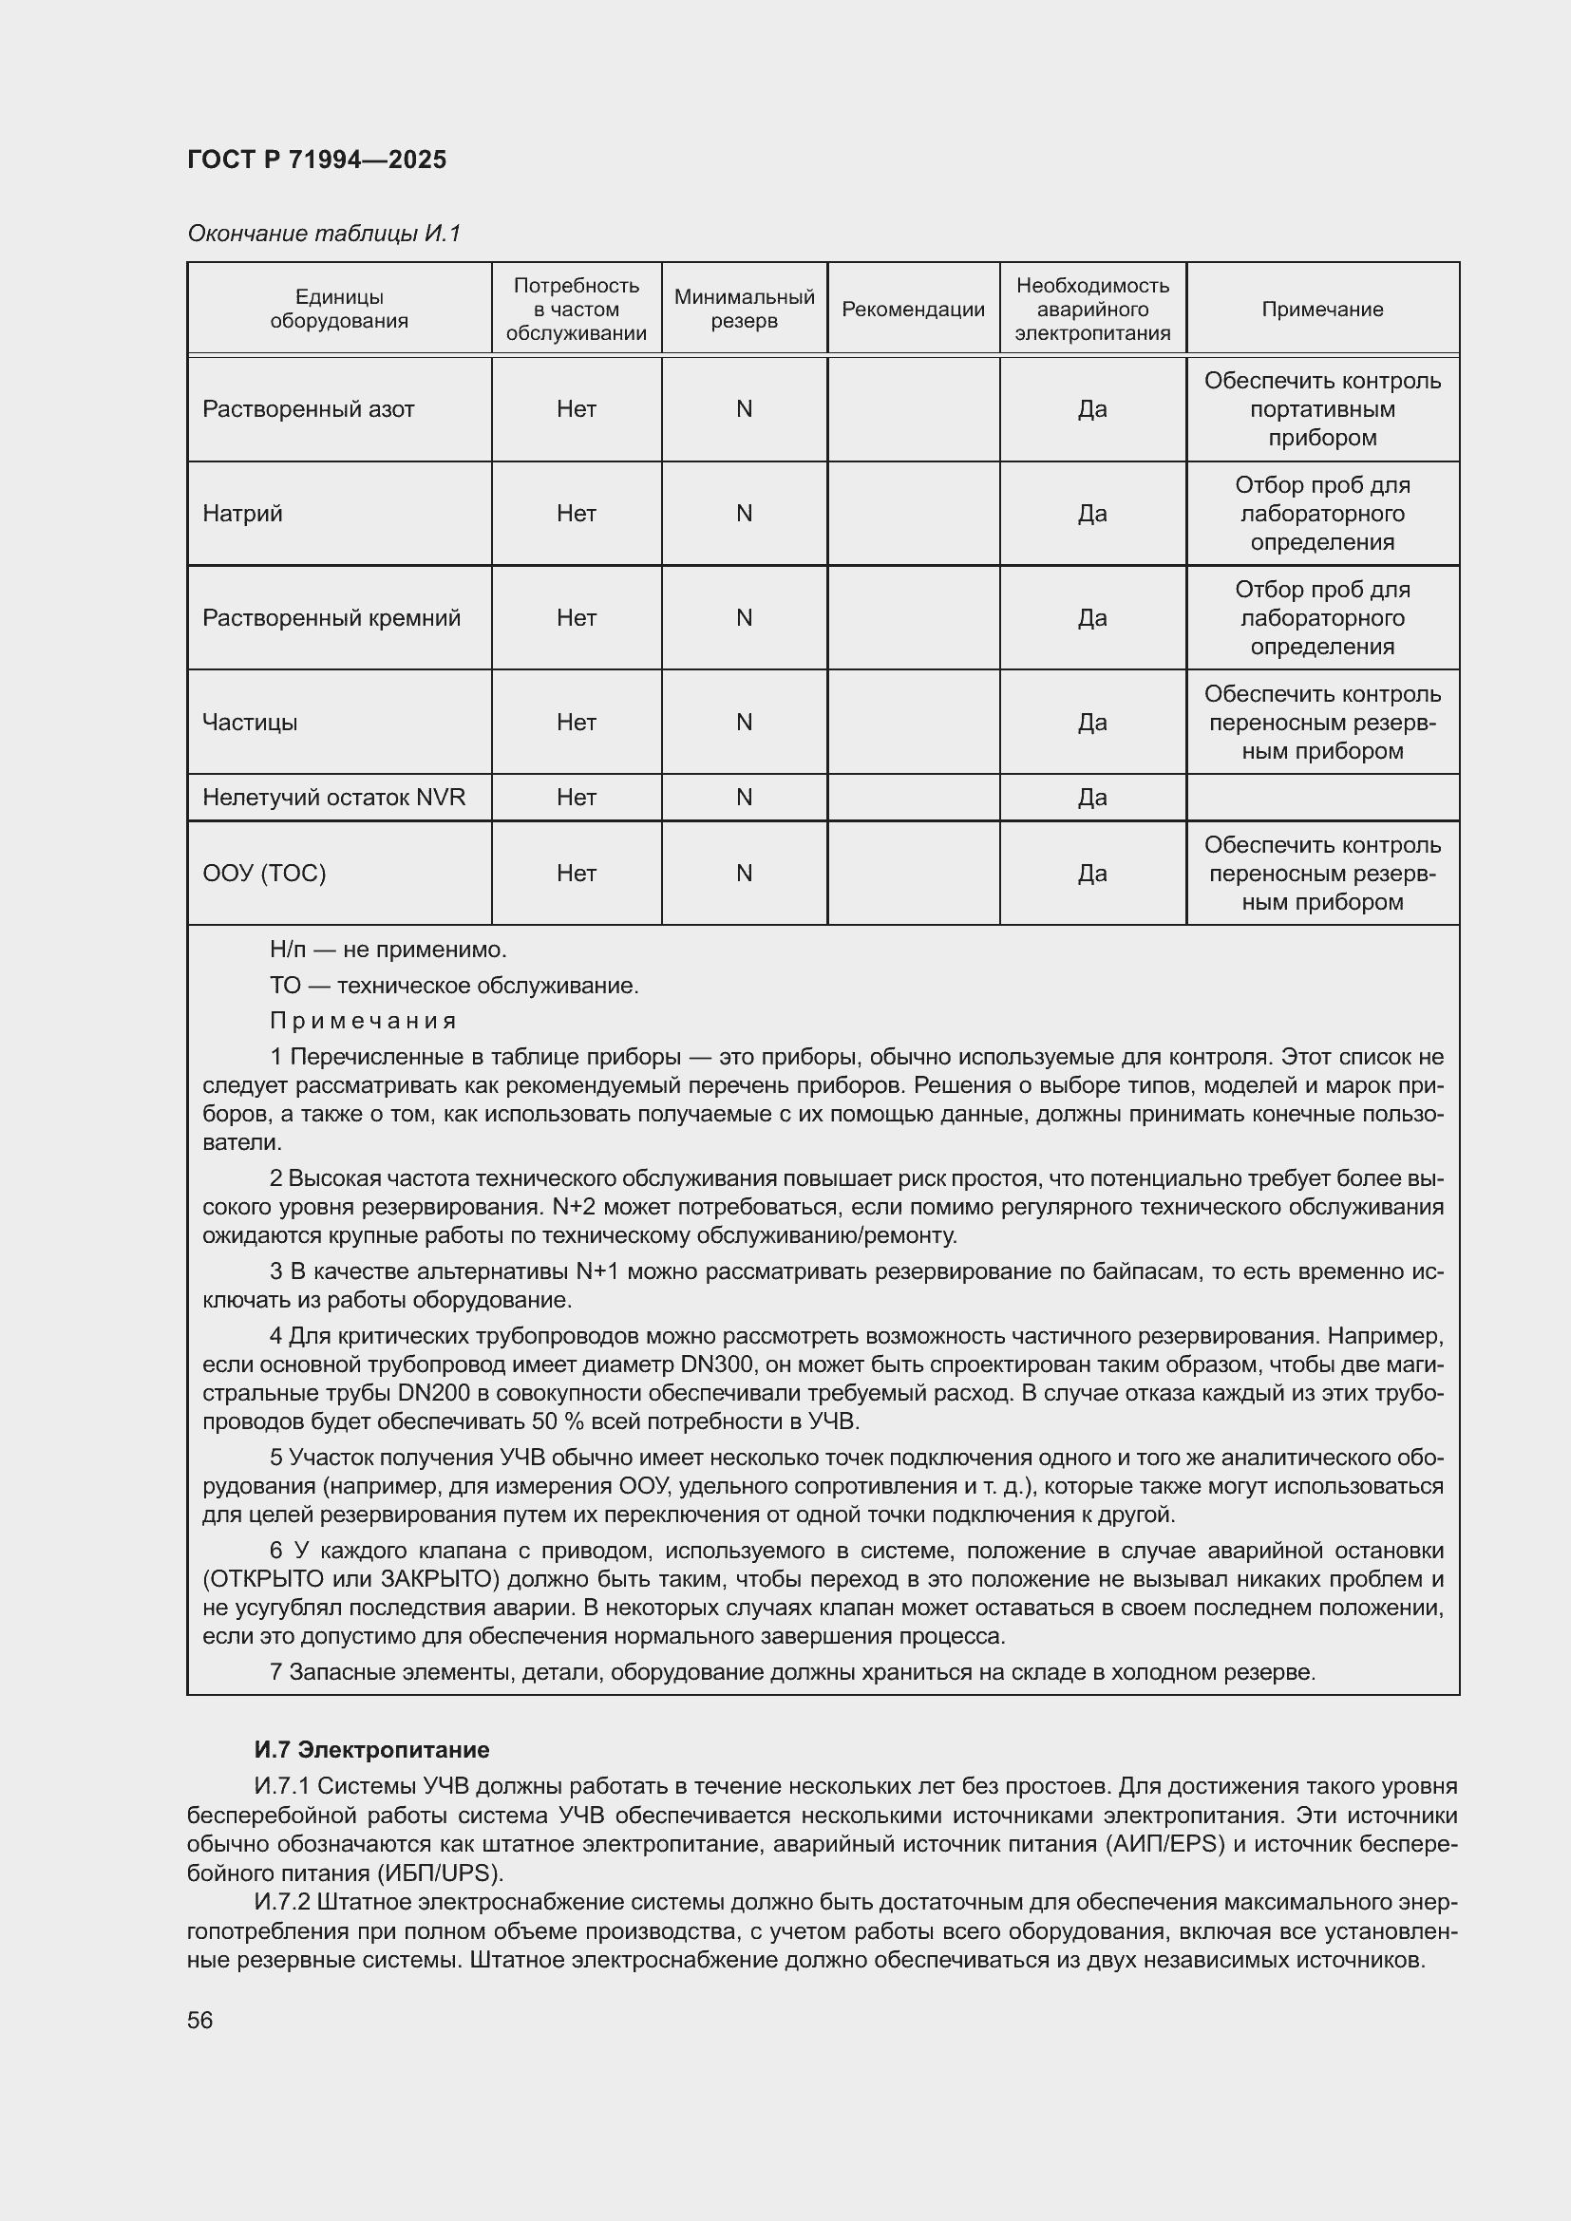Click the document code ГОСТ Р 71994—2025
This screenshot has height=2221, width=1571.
pos(316,160)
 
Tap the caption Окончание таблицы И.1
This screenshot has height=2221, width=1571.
pos(324,234)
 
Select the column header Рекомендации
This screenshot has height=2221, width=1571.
pos(912,310)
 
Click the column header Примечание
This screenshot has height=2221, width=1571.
pos(1321,310)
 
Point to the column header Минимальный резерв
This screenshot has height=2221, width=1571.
pos(744,310)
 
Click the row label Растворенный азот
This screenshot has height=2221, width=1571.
pos(308,409)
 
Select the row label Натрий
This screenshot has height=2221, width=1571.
pos(242,514)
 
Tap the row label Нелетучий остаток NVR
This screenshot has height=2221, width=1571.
pos(333,797)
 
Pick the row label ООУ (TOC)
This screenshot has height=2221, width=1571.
pos(264,874)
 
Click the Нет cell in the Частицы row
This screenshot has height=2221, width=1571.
pos(576,723)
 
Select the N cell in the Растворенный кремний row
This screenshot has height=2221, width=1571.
pos(744,618)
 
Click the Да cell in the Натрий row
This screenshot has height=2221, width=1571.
pos(1092,514)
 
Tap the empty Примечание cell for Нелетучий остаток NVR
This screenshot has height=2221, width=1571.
pos(1321,797)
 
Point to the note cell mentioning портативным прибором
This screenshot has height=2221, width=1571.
pos(1321,409)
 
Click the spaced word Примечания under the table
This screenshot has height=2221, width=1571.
pos(363,1021)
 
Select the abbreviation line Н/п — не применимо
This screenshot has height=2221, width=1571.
pos(387,950)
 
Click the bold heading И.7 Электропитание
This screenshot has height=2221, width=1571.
pos(371,1750)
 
